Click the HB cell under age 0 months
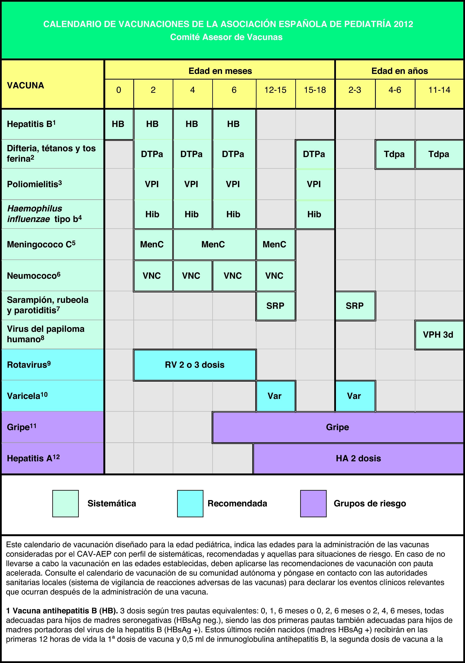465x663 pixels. pos(118,124)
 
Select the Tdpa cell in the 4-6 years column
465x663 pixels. pos(395,154)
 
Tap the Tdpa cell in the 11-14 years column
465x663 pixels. pos(439,154)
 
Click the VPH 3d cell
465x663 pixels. pos(438,335)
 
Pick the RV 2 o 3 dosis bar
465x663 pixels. pos(195,365)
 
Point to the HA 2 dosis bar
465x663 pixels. pos(358,458)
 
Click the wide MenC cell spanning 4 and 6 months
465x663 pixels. pos(213,245)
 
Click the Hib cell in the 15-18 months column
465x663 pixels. pos(314,214)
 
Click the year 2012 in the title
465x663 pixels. pos(403,24)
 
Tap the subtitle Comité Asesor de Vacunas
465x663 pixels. pos(226,37)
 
